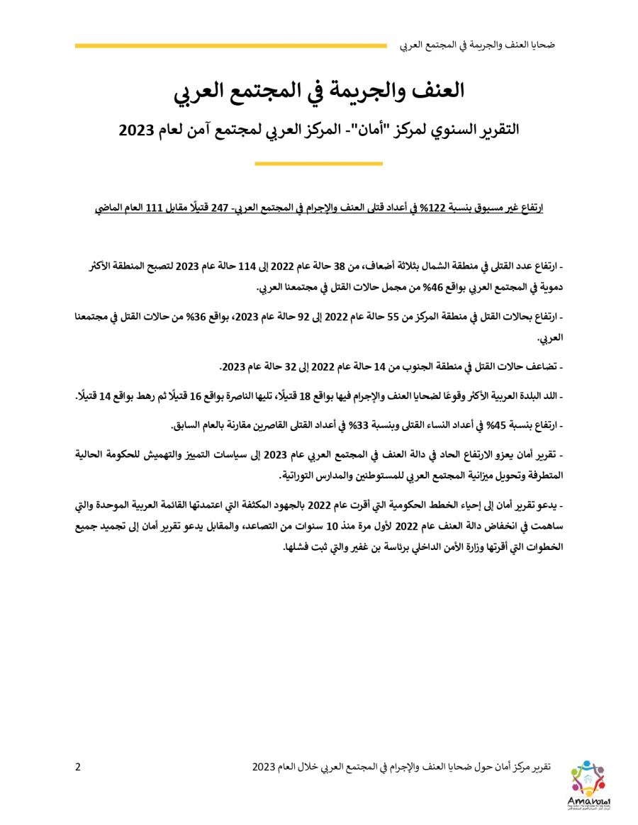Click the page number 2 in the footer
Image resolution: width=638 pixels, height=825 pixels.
(78, 766)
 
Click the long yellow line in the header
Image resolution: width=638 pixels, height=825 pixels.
(230, 46)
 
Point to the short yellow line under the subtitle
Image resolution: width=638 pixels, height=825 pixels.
(318, 164)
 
